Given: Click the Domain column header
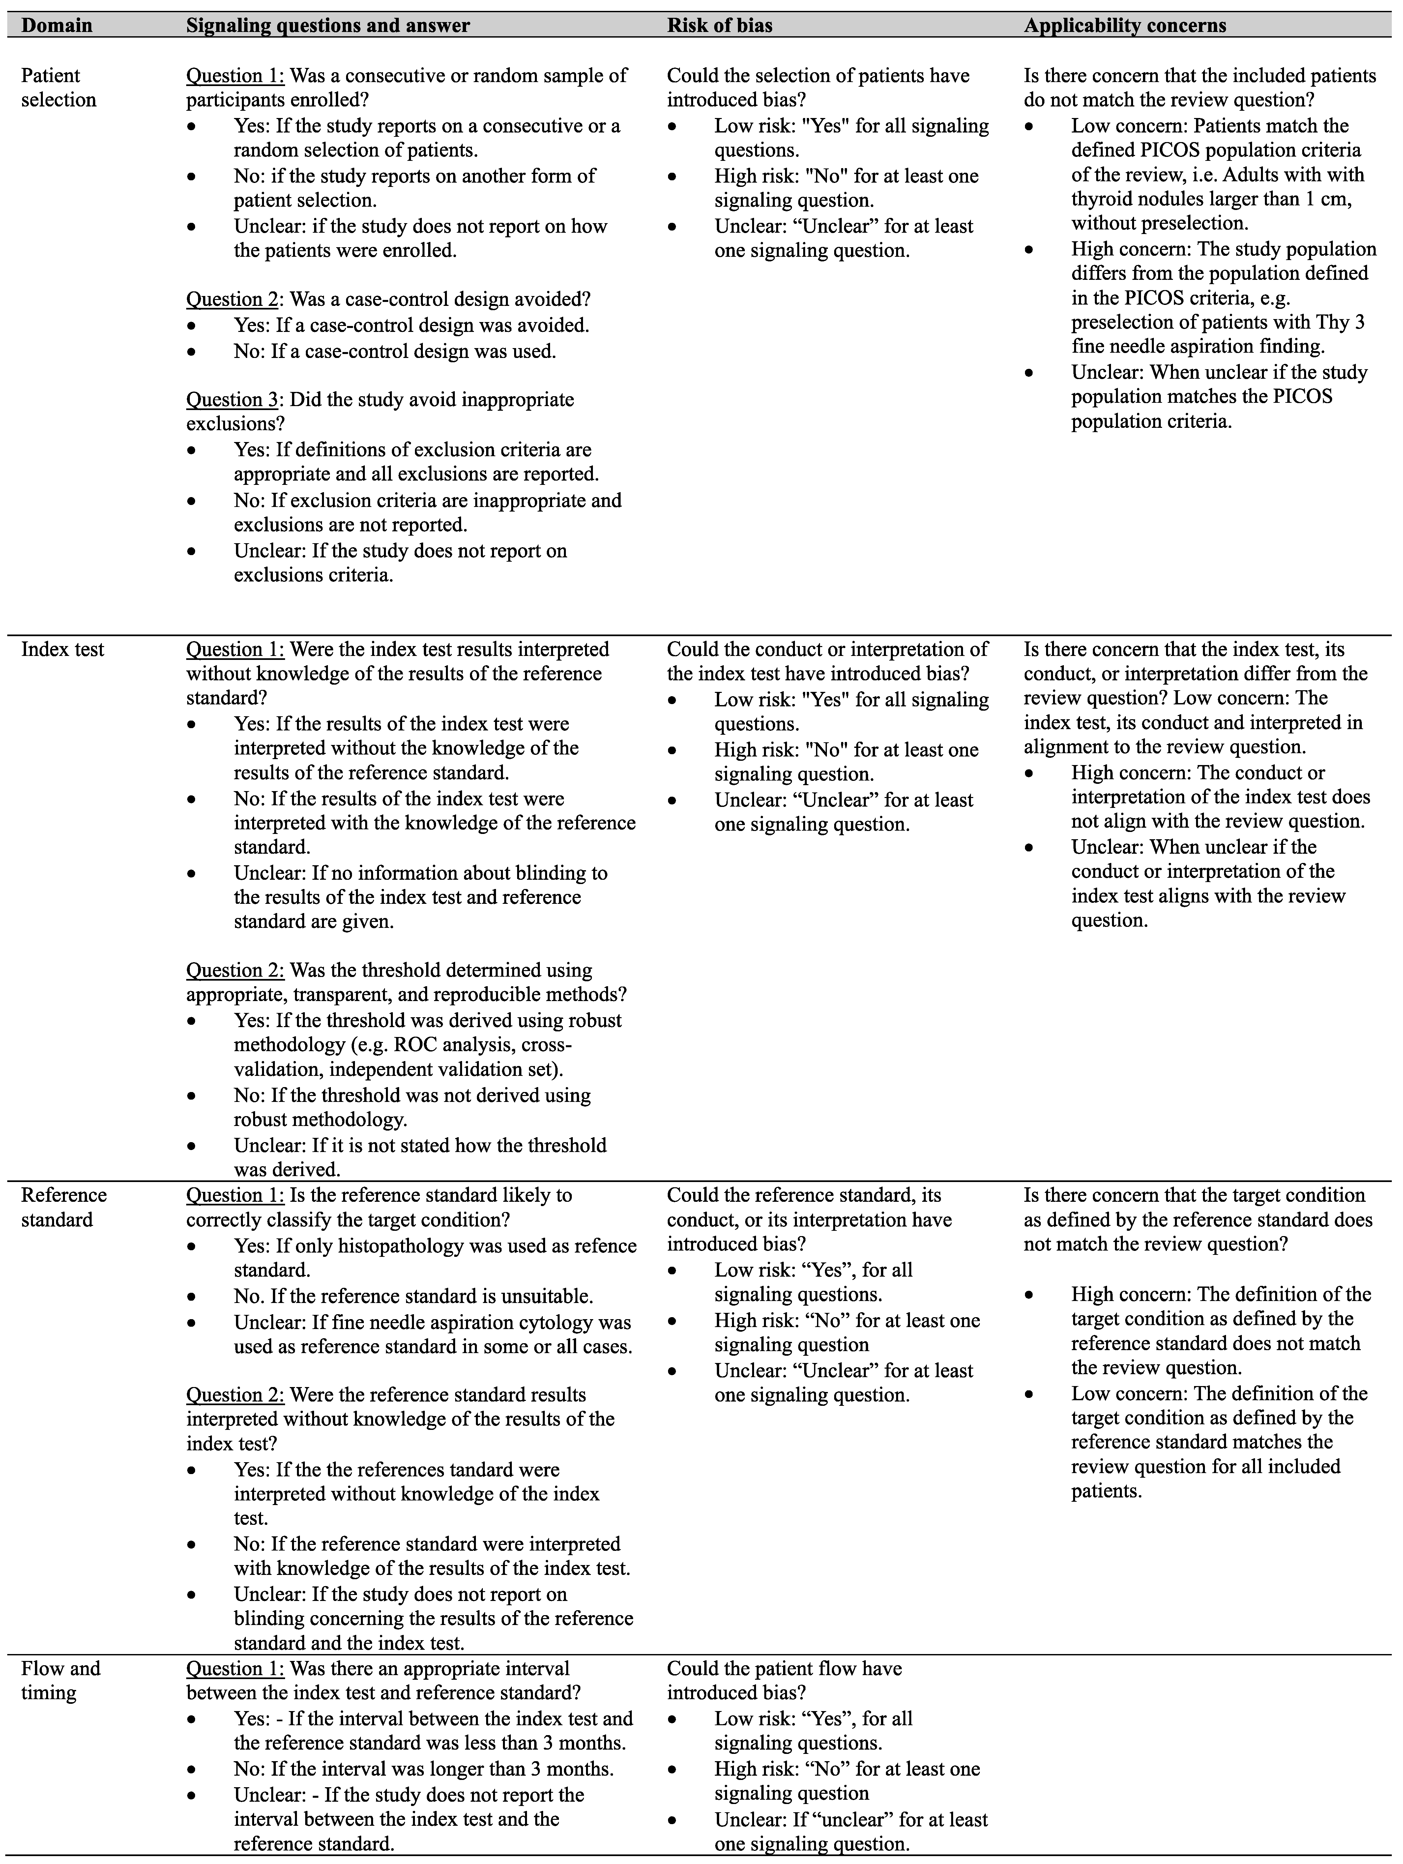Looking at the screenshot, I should (56, 25).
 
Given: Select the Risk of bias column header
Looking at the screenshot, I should (719, 25).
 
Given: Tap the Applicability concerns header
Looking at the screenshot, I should (1125, 25).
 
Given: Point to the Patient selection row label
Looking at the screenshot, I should (58, 88).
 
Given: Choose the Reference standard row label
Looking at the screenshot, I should (63, 1207).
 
